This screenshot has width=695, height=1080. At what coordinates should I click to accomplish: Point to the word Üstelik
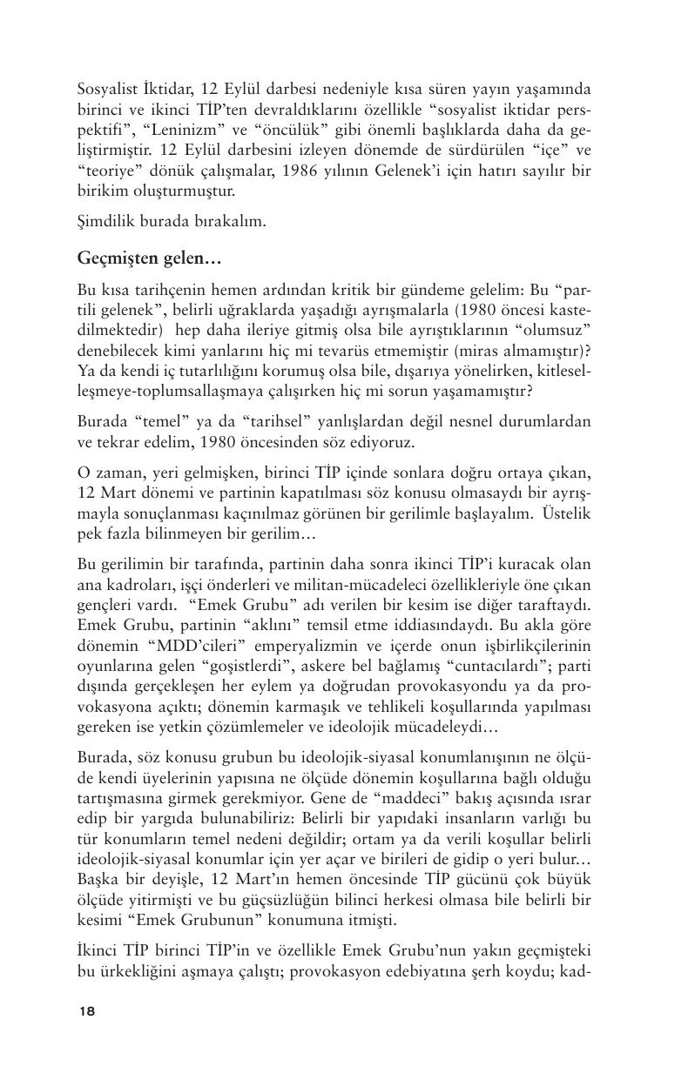point(566,513)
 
